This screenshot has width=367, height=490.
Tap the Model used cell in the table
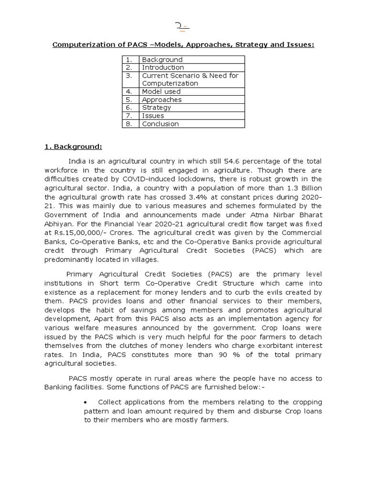click(161, 91)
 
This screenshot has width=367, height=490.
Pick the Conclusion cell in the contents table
click(160, 124)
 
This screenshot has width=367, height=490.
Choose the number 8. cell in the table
click(129, 124)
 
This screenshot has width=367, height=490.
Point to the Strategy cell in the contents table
click(156, 108)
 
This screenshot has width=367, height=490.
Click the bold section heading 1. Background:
click(73, 146)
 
